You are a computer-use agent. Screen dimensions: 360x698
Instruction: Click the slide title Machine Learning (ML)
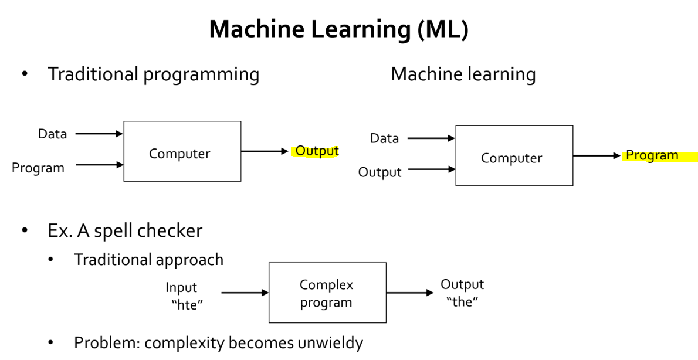point(338,29)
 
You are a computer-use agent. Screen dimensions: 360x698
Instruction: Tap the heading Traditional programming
point(153,74)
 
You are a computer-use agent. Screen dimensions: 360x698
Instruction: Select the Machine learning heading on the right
point(463,74)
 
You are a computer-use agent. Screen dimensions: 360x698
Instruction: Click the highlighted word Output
point(317,151)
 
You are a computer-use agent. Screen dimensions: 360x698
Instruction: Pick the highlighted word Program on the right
point(652,155)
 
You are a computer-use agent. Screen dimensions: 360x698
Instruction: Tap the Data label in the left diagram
point(52,134)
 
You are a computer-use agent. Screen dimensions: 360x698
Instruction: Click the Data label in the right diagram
point(384,138)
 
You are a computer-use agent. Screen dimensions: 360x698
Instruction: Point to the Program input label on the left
point(38,168)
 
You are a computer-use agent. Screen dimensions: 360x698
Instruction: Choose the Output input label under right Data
point(380,172)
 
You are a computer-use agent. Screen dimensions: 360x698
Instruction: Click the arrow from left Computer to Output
point(265,151)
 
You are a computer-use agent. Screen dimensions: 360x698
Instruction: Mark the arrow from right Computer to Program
point(596,156)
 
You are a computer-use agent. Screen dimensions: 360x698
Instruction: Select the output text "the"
point(462,303)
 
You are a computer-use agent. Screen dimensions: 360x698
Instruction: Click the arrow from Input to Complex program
point(244,293)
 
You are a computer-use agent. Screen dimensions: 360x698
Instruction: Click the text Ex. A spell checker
point(124,230)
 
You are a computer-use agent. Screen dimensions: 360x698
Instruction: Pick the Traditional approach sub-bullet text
point(148,259)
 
